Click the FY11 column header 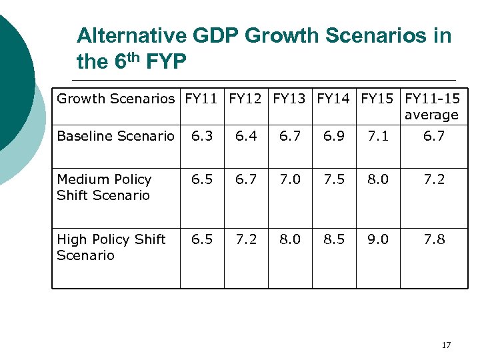click(x=202, y=99)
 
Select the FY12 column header click(x=246, y=99)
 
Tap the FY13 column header click(x=290, y=99)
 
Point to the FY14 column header click(x=334, y=99)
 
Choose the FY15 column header click(x=378, y=99)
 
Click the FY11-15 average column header click(x=432, y=107)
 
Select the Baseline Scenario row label click(x=115, y=137)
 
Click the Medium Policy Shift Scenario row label click(x=104, y=187)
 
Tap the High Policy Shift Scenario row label click(x=111, y=247)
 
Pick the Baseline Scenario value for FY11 click(x=202, y=137)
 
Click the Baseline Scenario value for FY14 click(x=334, y=137)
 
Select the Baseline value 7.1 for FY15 click(x=378, y=137)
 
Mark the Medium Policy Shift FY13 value click(x=290, y=179)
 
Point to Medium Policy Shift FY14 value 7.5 click(x=334, y=179)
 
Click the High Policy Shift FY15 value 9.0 click(x=378, y=239)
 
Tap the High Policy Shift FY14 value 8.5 click(x=334, y=239)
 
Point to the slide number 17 click(x=446, y=345)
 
